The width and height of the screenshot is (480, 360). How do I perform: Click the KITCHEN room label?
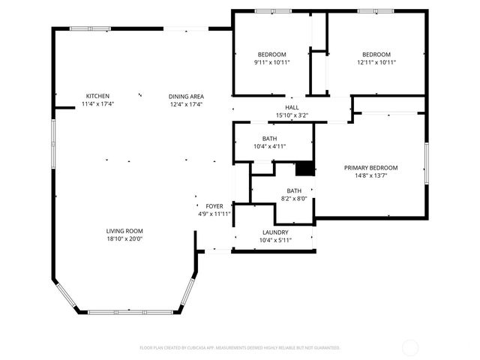tap(97, 96)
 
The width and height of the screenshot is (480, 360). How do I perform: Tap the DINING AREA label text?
tap(186, 96)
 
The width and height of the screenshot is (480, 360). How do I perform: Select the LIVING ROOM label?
tap(124, 231)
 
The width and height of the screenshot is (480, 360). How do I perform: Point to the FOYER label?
tap(214, 205)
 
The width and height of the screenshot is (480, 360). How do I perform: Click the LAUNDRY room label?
tap(274, 232)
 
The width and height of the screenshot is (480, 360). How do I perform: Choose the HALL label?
tap(292, 107)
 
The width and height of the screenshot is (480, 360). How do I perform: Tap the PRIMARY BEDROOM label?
tap(370, 167)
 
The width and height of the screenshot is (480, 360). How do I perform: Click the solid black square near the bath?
tap(304, 169)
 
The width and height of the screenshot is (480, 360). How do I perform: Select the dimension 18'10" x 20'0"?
tap(124, 239)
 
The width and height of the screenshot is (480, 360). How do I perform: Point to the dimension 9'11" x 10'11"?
tap(271, 62)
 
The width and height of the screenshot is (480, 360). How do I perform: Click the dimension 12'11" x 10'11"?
tap(376, 62)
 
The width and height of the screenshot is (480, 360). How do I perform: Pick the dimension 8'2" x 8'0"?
tap(294, 199)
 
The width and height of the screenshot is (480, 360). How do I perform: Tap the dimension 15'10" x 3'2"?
tap(292, 115)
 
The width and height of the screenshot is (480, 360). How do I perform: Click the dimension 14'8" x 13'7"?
tap(370, 175)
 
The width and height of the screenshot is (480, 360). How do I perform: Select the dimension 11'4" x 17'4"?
tap(97, 104)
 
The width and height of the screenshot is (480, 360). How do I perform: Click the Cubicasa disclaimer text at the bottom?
tap(240, 348)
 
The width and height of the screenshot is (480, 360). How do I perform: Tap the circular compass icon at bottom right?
tap(410, 347)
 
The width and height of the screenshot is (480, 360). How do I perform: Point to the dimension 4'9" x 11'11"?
tap(214, 214)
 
